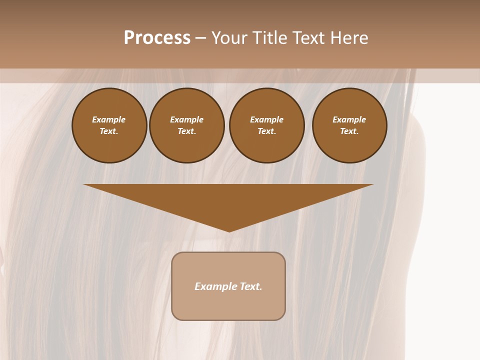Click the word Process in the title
157,38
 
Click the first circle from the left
109,125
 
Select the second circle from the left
187,125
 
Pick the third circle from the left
267,125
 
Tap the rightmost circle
349,125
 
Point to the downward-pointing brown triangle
228,200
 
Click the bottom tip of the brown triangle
229,231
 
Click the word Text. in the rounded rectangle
251,286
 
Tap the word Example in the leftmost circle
109,119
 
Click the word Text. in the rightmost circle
349,131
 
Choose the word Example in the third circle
267,119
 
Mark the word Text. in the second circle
187,131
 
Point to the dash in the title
200,38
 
